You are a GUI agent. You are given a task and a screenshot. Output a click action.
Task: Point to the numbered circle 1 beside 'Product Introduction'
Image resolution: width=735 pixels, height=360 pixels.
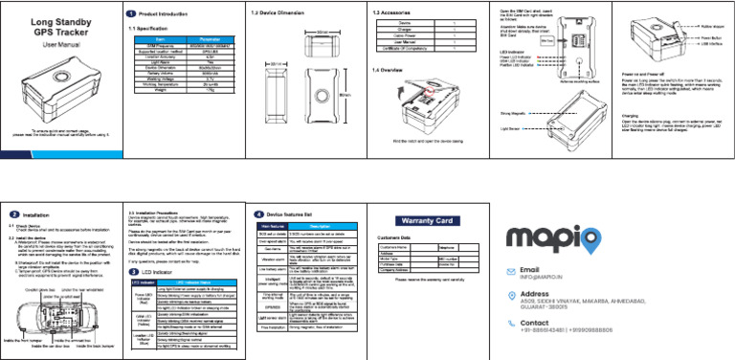click(130, 14)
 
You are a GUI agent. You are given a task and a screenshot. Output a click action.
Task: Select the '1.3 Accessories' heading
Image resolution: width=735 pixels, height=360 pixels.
click(389, 14)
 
